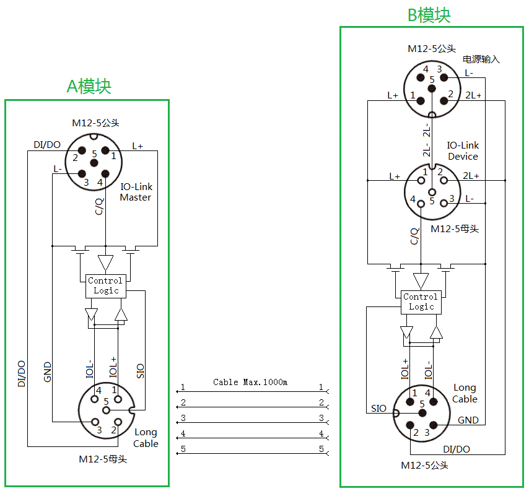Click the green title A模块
click(x=89, y=86)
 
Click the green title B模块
click(x=429, y=15)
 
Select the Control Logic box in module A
click(x=106, y=285)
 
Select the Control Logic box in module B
click(x=421, y=302)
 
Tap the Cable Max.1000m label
click(x=250, y=382)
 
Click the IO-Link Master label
click(x=136, y=192)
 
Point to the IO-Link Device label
click(x=463, y=151)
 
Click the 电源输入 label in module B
click(x=481, y=59)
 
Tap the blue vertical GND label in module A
click(x=48, y=371)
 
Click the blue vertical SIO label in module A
click(x=141, y=370)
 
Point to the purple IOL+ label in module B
click(x=406, y=368)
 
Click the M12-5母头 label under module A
click(x=103, y=459)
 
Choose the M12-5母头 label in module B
click(x=455, y=229)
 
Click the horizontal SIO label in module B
click(x=378, y=408)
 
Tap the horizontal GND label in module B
click(x=468, y=420)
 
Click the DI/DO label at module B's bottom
click(x=457, y=449)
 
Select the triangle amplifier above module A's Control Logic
click(x=106, y=263)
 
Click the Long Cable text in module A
click(x=146, y=438)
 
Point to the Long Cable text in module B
click(x=465, y=393)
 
